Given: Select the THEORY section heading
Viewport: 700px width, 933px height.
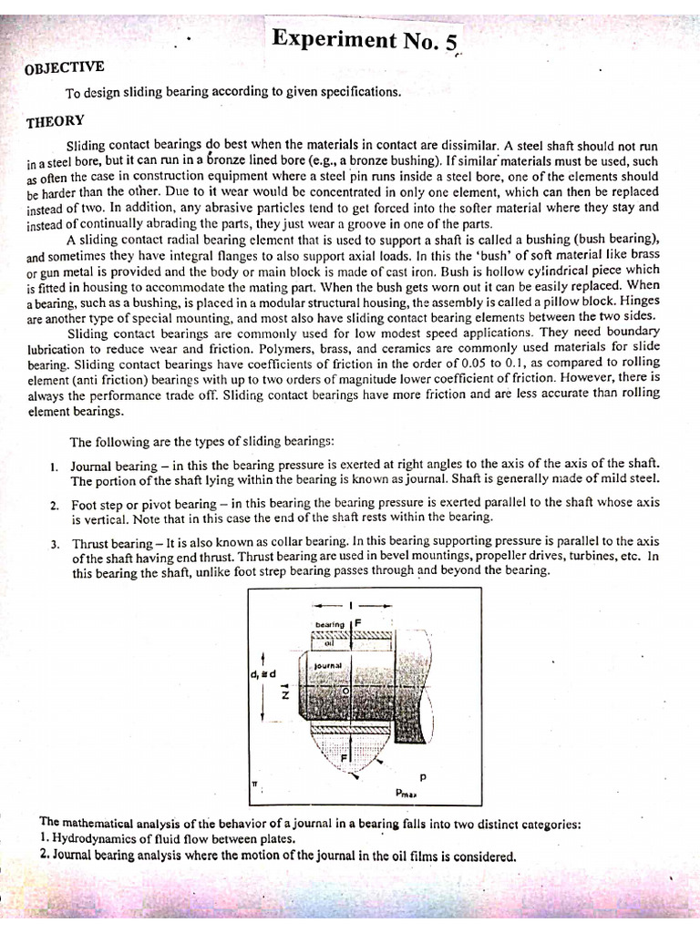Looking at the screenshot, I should click(x=56, y=121).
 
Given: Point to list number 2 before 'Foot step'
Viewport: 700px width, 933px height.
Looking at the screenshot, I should click(x=55, y=504).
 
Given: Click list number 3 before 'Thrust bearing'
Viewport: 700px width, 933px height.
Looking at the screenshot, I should click(x=55, y=544).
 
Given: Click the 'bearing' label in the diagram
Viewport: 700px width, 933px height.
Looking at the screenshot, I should click(x=330, y=624).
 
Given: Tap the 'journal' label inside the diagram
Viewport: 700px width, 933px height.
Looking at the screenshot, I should click(x=327, y=666).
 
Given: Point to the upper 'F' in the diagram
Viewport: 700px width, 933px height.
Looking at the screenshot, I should click(x=359, y=623).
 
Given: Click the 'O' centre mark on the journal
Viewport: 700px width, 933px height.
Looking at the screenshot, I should click(x=345, y=692).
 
